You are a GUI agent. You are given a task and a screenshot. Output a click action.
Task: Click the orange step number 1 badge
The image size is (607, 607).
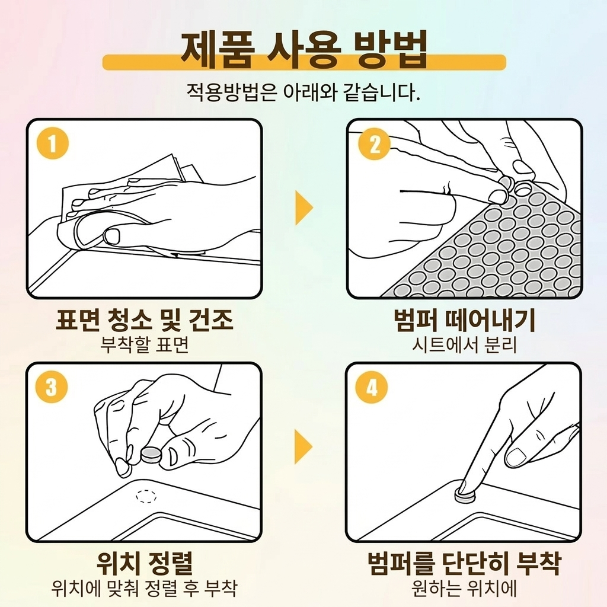click(53, 143)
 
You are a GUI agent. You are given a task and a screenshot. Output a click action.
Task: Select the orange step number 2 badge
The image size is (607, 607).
click(375, 143)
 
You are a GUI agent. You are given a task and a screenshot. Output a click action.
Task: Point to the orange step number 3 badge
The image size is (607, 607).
click(51, 386)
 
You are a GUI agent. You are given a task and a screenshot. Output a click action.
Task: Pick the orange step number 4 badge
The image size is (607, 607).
click(372, 386)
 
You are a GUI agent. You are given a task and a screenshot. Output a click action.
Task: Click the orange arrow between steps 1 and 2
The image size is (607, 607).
click(304, 207)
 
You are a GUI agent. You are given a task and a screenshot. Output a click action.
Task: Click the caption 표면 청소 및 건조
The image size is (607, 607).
click(145, 320)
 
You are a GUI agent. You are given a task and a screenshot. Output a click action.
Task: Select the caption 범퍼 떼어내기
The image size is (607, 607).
click(465, 320)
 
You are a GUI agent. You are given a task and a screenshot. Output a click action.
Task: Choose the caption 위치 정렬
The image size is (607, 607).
click(145, 563)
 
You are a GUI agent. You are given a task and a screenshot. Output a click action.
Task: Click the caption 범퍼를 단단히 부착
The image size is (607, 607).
click(464, 563)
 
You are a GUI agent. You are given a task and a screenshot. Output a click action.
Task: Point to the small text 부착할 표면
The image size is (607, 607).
click(145, 344)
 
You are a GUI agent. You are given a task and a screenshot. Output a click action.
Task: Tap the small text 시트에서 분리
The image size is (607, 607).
click(465, 344)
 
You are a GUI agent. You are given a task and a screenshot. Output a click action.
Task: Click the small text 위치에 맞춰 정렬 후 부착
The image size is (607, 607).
click(144, 588)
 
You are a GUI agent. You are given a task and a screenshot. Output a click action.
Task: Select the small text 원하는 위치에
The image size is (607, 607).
click(464, 588)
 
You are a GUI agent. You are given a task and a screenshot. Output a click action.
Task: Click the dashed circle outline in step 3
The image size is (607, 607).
click(146, 496)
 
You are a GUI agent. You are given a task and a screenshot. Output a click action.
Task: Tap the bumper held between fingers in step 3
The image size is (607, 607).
click(151, 455)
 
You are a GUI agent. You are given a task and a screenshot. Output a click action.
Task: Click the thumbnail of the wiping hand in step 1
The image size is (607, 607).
click(112, 235)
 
